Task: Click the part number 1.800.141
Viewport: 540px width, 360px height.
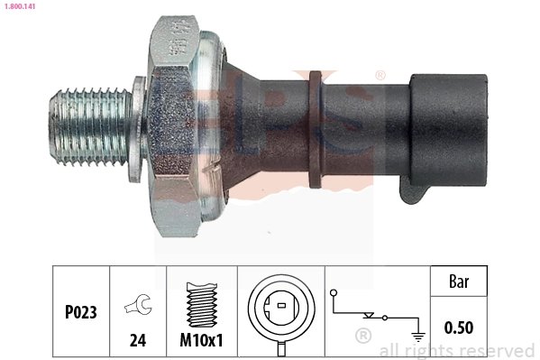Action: click(21, 6)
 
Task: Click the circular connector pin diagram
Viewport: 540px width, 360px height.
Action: click(281, 307)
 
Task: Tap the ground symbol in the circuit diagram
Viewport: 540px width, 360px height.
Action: click(416, 335)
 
